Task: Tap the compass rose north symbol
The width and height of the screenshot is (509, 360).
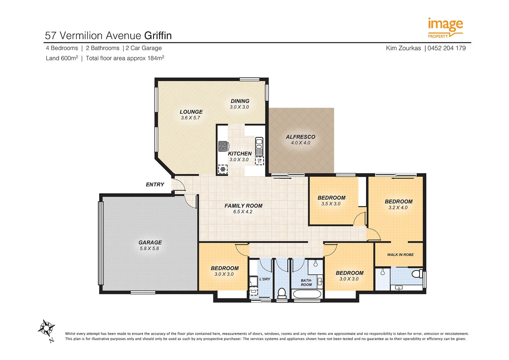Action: coord(46,329)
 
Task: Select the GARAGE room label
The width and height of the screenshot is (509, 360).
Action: coord(150,243)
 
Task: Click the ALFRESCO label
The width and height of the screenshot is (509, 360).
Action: coord(300,137)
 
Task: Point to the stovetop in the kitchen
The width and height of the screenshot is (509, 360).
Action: coord(223,146)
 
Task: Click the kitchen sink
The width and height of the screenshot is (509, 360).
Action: coord(259,147)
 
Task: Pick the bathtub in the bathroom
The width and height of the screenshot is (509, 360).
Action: coord(307,294)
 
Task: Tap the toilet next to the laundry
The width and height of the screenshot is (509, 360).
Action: coord(282,293)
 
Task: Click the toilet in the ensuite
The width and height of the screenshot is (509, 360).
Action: coord(416,274)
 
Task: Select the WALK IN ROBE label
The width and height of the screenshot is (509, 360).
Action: coord(400,255)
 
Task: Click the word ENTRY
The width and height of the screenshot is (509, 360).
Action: coord(155,185)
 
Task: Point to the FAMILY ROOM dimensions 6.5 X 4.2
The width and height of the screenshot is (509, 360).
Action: coord(243,212)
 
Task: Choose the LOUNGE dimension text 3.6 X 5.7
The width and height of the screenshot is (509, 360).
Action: coord(190,118)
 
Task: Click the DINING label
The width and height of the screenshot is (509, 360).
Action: coord(240,101)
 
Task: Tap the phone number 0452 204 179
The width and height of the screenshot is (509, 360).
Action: coord(446,48)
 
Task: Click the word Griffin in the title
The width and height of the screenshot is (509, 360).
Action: coord(158,35)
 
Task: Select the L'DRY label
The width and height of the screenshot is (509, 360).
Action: coord(265,279)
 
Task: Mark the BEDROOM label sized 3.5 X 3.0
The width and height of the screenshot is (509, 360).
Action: coord(331,198)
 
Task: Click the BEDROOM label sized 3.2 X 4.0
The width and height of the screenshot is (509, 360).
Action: coord(399,202)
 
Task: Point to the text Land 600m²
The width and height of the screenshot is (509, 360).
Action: coord(62,58)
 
